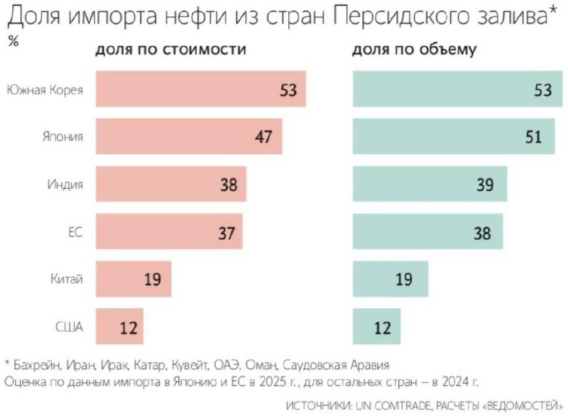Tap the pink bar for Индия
[x=170, y=185]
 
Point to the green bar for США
[x=376, y=327]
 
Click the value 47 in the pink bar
[x=263, y=137]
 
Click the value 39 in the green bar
[x=486, y=185]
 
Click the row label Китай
[x=67, y=279]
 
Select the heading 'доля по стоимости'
[x=171, y=51]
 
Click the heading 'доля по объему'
[x=414, y=51]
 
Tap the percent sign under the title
[x=12, y=40]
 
